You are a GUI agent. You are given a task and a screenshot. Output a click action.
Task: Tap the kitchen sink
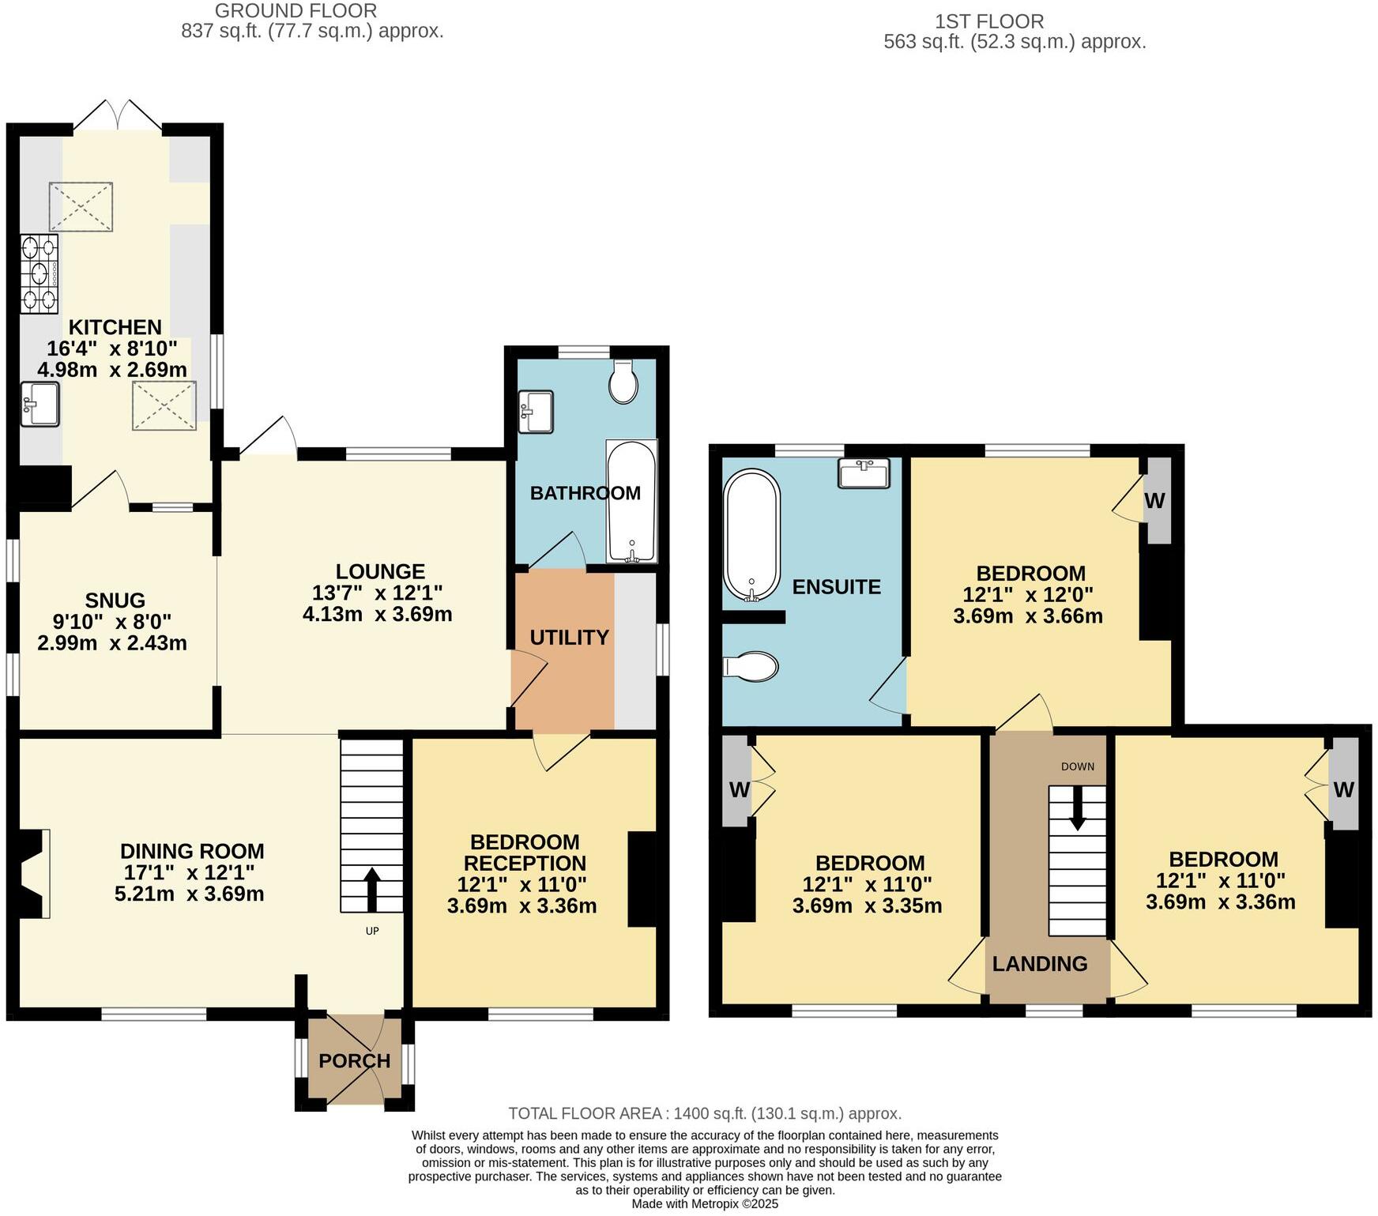point(40,404)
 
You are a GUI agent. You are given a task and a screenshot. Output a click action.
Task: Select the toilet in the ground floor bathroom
point(623,382)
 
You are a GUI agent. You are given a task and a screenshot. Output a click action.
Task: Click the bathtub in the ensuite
point(751,535)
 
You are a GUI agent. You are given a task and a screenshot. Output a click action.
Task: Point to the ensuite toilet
point(751,666)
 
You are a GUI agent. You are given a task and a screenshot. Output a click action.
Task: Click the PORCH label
point(354,1061)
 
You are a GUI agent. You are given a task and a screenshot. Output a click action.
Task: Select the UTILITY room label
point(569,637)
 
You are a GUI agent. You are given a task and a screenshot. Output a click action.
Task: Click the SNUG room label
point(115,600)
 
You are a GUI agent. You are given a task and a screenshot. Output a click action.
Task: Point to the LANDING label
point(1040,963)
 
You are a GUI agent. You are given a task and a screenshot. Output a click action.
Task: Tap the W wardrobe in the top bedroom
point(1156,501)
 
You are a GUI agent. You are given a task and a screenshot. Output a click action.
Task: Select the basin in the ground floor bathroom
point(536,412)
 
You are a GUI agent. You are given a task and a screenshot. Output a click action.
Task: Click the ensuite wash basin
point(864,473)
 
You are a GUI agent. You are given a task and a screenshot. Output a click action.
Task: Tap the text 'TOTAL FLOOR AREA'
point(585,1113)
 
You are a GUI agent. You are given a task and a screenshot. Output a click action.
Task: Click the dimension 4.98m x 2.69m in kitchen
point(112,369)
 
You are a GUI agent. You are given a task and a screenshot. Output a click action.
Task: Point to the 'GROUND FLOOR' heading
point(296,11)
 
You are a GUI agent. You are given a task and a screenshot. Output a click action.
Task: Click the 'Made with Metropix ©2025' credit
point(705,1204)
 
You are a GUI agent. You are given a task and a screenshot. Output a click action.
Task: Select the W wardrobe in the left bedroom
point(739,789)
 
